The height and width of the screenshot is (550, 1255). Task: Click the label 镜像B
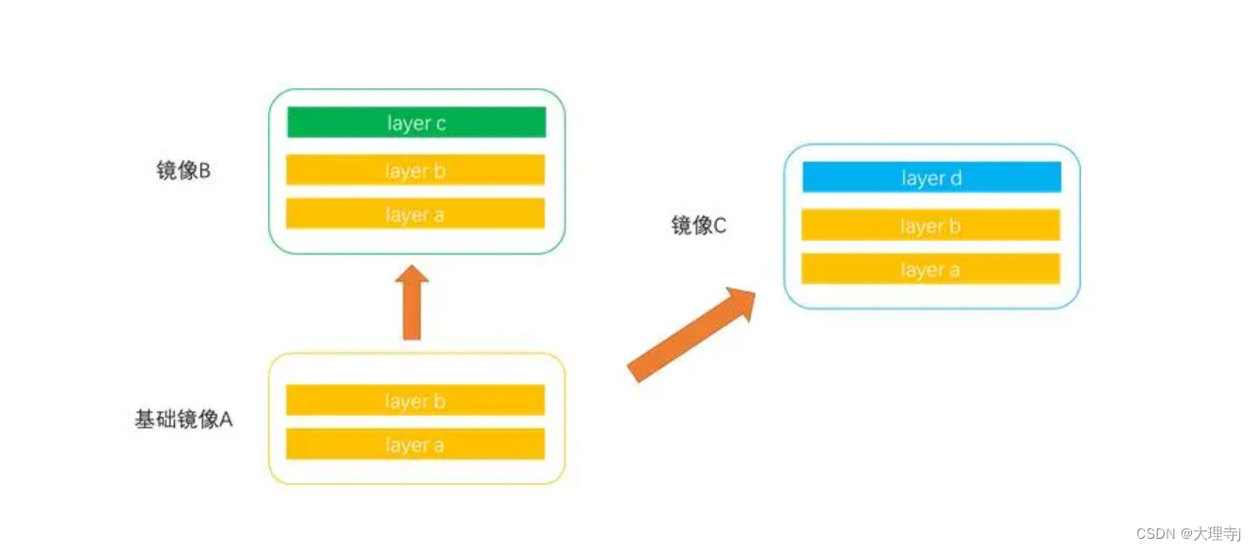[183, 171]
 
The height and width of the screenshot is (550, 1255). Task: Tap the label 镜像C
[698, 226]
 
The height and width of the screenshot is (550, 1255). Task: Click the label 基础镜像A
[183, 419]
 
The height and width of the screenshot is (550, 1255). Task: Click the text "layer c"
[415, 123]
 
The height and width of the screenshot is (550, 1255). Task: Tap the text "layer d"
[930, 178]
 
